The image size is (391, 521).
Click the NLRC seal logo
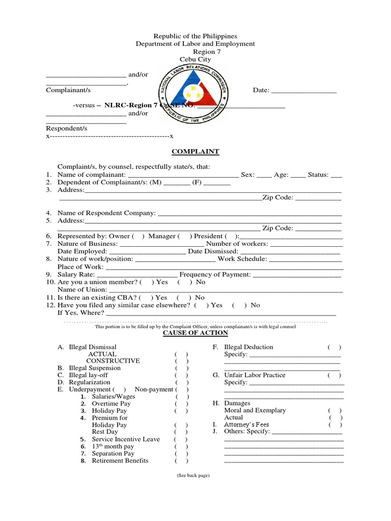[x=193, y=97]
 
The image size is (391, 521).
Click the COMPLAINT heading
[x=195, y=152]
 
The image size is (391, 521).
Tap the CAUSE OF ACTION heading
[x=195, y=333]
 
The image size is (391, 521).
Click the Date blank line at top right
[x=303, y=91]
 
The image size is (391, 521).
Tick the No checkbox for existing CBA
[x=184, y=298]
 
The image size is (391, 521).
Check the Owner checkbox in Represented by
[x=138, y=236]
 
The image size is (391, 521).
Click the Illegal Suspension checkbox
[x=181, y=368]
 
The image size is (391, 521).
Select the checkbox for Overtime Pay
[x=181, y=403]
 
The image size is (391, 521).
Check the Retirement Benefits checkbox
[x=181, y=461]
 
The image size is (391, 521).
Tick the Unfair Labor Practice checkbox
[x=334, y=375]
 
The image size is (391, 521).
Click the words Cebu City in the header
[x=195, y=60]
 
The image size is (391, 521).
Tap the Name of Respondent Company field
[x=250, y=214]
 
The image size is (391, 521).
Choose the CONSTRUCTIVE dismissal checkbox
[x=181, y=361]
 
